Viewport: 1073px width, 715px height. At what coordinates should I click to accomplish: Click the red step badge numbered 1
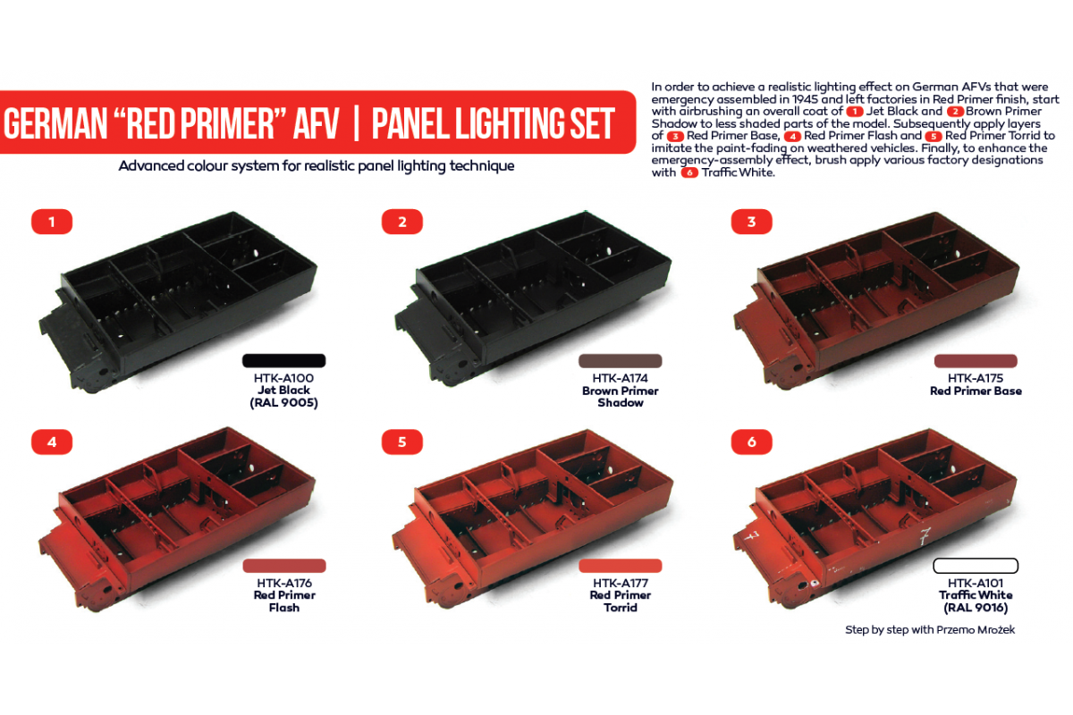(x=52, y=222)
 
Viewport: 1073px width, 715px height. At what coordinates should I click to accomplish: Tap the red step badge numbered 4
(x=52, y=441)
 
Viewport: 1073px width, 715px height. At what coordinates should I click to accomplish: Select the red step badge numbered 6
(x=752, y=442)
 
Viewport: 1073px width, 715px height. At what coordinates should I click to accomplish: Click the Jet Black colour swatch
(x=283, y=360)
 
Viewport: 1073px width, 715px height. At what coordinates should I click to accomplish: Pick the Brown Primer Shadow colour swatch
(x=621, y=360)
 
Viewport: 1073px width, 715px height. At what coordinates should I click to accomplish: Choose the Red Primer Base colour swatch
(x=976, y=360)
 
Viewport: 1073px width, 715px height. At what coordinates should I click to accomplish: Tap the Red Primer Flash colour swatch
(x=283, y=566)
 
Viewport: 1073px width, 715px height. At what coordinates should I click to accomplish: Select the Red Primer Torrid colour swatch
(x=621, y=566)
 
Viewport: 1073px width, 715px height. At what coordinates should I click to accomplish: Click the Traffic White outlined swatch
(x=976, y=566)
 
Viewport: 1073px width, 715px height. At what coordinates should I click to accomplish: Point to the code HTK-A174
(x=621, y=378)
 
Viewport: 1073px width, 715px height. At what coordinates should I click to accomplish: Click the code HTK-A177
(x=621, y=583)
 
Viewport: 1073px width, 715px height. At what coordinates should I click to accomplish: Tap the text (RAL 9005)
(x=283, y=403)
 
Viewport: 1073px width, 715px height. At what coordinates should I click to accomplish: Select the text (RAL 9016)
(x=976, y=608)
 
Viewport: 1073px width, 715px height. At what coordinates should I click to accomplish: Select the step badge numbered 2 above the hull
(x=402, y=222)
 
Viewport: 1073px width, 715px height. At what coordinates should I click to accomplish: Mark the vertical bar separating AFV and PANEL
(x=356, y=124)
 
